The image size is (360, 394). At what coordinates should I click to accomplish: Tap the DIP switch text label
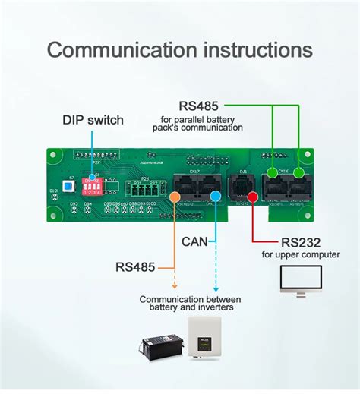pyautogui.click(x=93, y=120)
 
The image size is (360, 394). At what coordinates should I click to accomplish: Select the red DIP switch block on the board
pyautogui.click(x=95, y=186)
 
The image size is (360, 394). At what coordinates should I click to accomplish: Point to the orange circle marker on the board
pyautogui.click(x=175, y=196)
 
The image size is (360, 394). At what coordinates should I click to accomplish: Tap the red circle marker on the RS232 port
pyautogui.click(x=251, y=196)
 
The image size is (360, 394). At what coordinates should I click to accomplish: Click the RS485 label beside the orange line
pyautogui.click(x=136, y=266)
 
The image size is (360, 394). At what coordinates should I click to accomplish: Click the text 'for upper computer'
pyautogui.click(x=301, y=254)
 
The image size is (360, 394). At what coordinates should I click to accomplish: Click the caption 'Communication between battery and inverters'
pyautogui.click(x=190, y=303)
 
